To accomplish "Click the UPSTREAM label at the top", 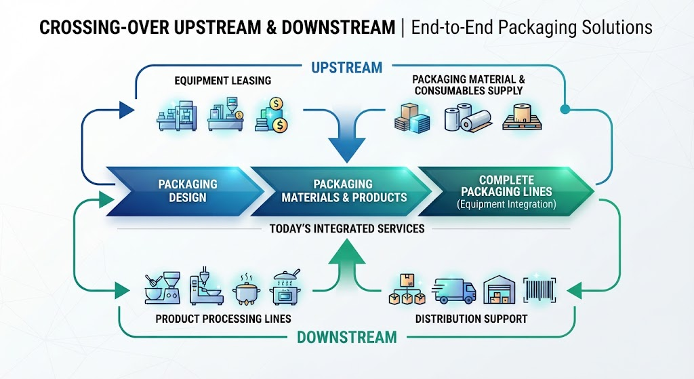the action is (346, 67).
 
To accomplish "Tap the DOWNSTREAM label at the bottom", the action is (347, 338).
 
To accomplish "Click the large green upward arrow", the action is (347, 265).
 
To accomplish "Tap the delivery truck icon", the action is (453, 290).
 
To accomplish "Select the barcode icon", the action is (539, 290).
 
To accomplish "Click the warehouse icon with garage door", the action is (499, 290).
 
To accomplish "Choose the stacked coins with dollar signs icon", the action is (272, 115).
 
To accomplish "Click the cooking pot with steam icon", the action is (246, 290).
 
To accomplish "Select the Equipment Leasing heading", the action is (222, 81).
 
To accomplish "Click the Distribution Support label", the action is (472, 319).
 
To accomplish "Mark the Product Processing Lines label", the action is (223, 319).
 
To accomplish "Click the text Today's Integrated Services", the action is (347, 228).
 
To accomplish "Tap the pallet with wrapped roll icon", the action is (523, 117).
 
